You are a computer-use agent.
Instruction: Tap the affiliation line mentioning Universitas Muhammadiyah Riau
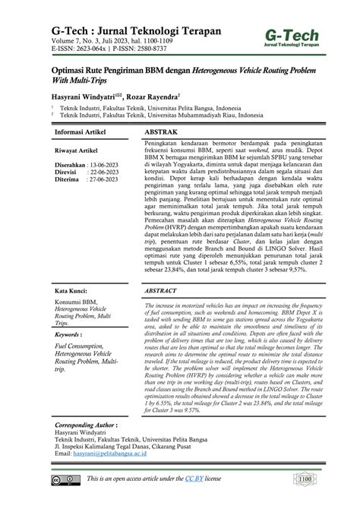tap(163, 115)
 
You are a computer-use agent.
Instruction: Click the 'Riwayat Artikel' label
tap(81, 150)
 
